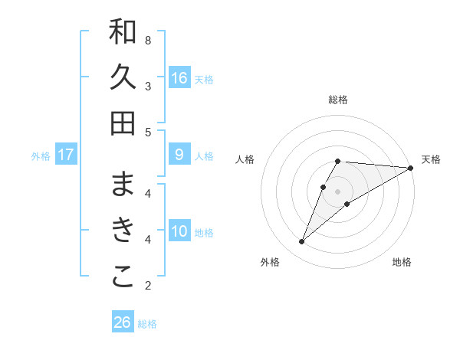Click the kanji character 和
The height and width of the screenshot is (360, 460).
123,31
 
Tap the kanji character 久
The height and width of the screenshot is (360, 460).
123,77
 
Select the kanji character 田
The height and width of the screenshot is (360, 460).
123,123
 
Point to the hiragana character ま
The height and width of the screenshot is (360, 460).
123,184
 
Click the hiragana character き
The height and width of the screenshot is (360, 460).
123,230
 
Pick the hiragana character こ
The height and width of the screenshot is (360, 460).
123,277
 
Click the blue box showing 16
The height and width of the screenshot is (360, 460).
179,77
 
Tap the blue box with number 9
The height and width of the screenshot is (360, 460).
179,155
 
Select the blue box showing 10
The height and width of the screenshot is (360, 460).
179,231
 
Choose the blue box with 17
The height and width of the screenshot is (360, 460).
66,155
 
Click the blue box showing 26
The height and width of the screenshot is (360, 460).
123,322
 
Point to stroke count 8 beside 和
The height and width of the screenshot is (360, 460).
148,40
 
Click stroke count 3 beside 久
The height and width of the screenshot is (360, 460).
148,86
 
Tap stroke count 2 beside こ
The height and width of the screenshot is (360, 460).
148,286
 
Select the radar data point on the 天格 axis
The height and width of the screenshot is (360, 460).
411,168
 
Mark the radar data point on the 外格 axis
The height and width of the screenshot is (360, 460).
302,242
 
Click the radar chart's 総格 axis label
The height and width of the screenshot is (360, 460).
338,100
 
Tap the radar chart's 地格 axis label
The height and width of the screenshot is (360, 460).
402,263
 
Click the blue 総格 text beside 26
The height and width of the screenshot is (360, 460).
147,324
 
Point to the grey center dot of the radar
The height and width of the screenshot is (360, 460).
338,191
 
